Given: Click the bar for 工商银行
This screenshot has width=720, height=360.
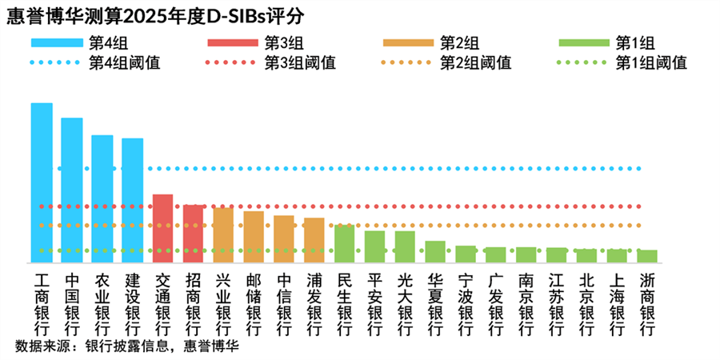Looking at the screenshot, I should click(42, 182).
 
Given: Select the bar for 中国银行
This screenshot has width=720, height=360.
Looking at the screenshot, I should click(72, 190).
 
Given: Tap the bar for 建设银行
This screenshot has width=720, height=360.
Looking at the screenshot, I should click(133, 200).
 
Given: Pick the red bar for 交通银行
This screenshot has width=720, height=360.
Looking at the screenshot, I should click(162, 228).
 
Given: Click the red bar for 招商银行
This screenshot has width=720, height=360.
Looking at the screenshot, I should click(194, 234).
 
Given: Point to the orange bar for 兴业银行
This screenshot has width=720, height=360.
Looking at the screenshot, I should click(223, 235).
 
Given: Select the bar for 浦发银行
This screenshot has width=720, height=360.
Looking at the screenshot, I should click(314, 240).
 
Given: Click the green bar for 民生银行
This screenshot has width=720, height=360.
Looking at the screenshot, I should click(345, 244).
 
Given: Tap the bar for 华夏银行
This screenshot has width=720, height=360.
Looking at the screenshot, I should click(435, 251).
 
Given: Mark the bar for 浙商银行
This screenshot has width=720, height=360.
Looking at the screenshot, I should click(647, 256).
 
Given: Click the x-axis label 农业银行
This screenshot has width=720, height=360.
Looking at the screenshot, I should click(102, 304).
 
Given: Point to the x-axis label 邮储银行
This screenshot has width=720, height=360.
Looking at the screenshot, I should click(254, 304).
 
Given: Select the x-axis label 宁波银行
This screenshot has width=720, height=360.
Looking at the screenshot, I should click(466, 304).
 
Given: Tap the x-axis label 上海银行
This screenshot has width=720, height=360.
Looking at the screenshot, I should click(617, 304).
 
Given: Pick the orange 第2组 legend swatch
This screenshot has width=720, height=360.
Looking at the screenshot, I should click(409, 42).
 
